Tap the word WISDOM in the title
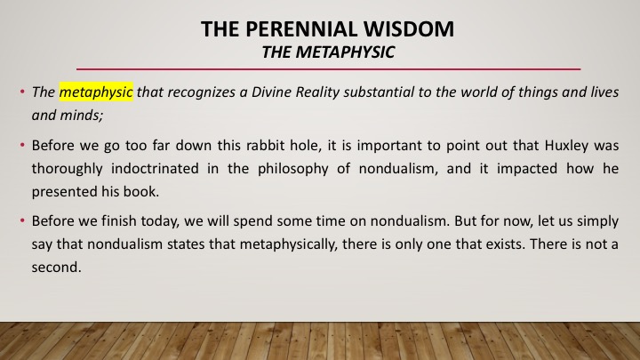pyautogui.click(x=409, y=29)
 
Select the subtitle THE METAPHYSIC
pyautogui.click(x=328, y=52)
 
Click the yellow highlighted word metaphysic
pyautogui.click(x=96, y=92)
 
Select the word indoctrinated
pyautogui.click(x=155, y=168)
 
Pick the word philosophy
pyautogui.click(x=293, y=169)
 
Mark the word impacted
pyautogui.click(x=526, y=169)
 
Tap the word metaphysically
pyautogui.click(x=289, y=244)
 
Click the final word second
pyautogui.click(x=56, y=267)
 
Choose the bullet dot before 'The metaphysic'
pyautogui.click(x=22, y=92)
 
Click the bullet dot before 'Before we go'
pyautogui.click(x=22, y=145)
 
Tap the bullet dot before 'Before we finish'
pyautogui.click(x=22, y=220)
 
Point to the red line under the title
pyautogui.click(x=328, y=69)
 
